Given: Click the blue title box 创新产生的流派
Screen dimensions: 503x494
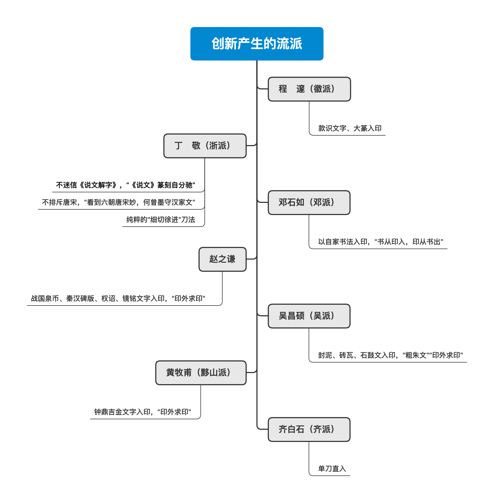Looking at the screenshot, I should pos(257,44).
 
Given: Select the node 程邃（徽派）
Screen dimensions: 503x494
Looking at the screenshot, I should pos(309,89).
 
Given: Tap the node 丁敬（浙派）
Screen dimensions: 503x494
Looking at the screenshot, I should pos(205,146).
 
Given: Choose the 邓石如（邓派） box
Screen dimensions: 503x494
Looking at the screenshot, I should pos(309,203).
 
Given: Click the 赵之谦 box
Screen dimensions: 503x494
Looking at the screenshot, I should pos(222,259).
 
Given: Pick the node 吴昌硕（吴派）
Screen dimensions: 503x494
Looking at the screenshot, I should pos(309,316).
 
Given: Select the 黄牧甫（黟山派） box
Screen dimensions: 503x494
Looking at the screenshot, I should pos(201,373).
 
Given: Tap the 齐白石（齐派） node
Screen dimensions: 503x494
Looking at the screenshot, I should pos(309,430).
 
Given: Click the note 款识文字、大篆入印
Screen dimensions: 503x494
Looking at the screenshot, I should pos(350,129).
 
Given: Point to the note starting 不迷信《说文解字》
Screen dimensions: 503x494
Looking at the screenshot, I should pos(126,185).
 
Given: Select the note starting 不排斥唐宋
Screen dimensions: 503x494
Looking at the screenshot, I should pos(118,203).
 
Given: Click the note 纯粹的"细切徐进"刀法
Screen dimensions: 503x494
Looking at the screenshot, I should pos(161,220).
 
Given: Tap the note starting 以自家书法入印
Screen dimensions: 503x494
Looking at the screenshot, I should pos(380,242).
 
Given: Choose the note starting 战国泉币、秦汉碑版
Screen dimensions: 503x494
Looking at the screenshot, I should pos(118,299).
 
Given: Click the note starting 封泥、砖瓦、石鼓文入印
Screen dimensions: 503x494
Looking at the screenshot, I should pos(390,356).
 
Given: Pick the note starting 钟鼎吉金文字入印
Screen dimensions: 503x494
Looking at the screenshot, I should pos(143,412).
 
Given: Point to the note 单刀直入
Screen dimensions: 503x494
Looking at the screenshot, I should pos(332,469).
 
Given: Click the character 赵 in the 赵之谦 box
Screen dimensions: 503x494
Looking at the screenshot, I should pos(213,259).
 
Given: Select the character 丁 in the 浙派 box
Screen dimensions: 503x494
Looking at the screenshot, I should pos(179,146).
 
